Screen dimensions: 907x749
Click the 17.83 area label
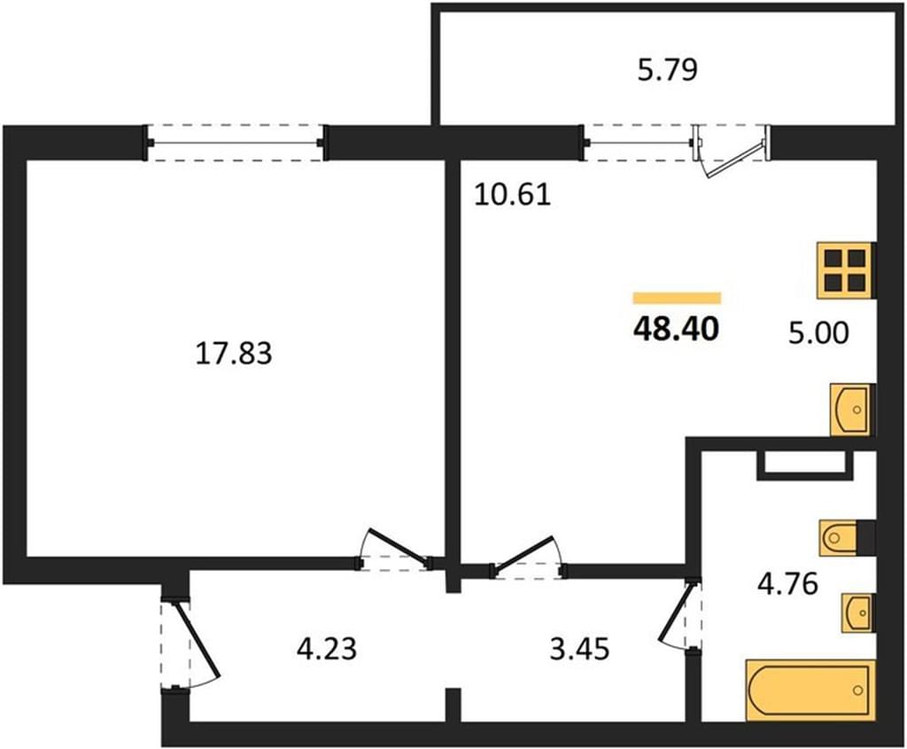coord(234,353)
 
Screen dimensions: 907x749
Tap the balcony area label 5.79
coord(668,69)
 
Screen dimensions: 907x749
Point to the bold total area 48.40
coord(676,330)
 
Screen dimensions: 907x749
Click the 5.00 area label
coord(818,332)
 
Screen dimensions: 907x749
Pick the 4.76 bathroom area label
coord(787,583)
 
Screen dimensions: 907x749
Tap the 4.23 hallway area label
coord(326,648)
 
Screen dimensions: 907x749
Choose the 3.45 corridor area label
coord(579,649)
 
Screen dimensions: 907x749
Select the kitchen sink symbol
coord(851,410)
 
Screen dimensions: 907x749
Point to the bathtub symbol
coord(810,690)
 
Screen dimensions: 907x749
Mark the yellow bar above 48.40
coord(677,298)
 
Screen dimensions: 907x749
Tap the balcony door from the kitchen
coord(731,152)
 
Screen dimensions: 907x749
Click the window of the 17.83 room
coord(235,143)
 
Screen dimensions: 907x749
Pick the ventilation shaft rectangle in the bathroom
coord(806,464)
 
